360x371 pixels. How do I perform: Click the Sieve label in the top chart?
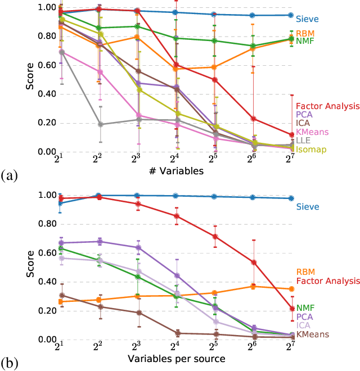(307, 19)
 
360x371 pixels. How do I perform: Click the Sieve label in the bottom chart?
(307, 207)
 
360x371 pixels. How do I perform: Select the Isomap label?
(309, 149)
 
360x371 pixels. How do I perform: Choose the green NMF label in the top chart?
(306, 42)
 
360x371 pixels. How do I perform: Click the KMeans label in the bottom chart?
(313, 334)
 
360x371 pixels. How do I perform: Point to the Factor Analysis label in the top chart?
(327, 105)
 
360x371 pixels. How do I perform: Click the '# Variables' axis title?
(177, 171)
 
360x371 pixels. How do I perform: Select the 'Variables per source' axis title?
(177, 359)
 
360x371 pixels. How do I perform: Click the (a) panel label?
(9, 176)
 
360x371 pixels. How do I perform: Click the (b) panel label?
(9, 364)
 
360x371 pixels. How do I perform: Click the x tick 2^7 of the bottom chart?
(290, 349)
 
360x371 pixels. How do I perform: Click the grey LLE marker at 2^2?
(100, 124)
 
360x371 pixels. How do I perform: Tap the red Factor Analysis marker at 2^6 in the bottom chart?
(253, 263)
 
